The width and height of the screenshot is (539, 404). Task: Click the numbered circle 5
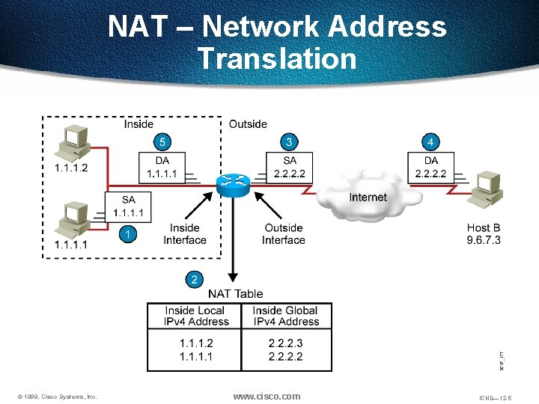pyautogui.click(x=162, y=141)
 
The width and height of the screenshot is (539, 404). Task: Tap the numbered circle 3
pyautogui.click(x=289, y=141)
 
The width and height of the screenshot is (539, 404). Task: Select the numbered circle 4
pyautogui.click(x=430, y=141)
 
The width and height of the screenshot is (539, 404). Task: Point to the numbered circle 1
pyautogui.click(x=128, y=234)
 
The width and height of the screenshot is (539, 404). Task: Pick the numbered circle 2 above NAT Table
pyautogui.click(x=195, y=279)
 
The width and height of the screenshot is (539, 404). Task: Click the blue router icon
pyautogui.click(x=234, y=183)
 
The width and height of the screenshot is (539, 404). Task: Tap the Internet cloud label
pyautogui.click(x=368, y=198)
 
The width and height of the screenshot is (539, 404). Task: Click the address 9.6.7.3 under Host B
pyautogui.click(x=483, y=240)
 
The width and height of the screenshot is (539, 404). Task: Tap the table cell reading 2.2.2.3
pyautogui.click(x=284, y=343)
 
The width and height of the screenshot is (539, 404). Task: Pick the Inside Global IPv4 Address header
pyautogui.click(x=284, y=316)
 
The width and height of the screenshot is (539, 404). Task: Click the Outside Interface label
pyautogui.click(x=284, y=234)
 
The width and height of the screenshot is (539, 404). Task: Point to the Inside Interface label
pyautogui.click(x=185, y=234)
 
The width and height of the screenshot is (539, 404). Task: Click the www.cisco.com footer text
pyautogui.click(x=267, y=396)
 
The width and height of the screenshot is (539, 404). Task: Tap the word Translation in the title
pyautogui.click(x=278, y=58)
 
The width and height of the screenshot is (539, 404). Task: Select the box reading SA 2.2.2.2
pyautogui.click(x=289, y=167)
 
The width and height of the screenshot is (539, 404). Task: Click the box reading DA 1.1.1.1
pyautogui.click(x=162, y=167)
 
